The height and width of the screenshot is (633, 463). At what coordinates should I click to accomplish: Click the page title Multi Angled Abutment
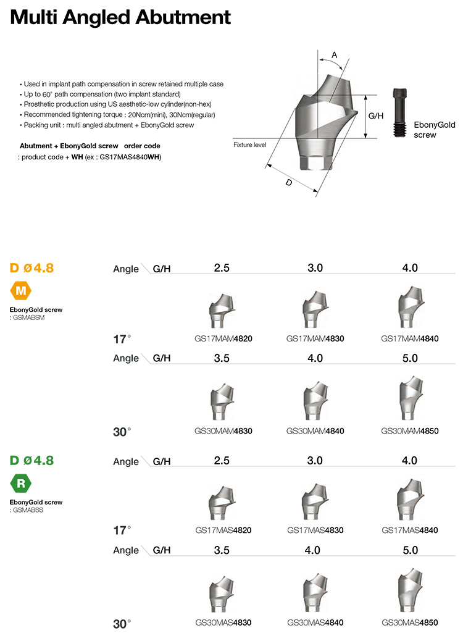pyautogui.click(x=120, y=17)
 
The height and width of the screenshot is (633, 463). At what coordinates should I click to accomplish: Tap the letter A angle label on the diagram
pyautogui.click(x=335, y=56)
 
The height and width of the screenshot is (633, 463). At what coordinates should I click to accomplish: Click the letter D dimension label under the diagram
pyautogui.click(x=288, y=183)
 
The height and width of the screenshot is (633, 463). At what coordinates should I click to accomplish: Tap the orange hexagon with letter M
pyautogui.click(x=20, y=290)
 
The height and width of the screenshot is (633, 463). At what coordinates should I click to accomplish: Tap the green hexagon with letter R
pyautogui.click(x=20, y=484)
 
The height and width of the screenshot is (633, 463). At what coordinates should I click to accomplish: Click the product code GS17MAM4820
pyautogui.click(x=223, y=338)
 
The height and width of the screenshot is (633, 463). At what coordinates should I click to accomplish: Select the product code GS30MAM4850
pyautogui.click(x=410, y=430)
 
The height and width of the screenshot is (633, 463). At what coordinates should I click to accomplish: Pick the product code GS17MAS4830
pyautogui.click(x=315, y=530)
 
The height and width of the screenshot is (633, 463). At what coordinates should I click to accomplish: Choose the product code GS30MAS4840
pyautogui.click(x=315, y=623)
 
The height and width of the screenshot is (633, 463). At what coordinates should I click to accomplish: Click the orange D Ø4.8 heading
pyautogui.click(x=32, y=268)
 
